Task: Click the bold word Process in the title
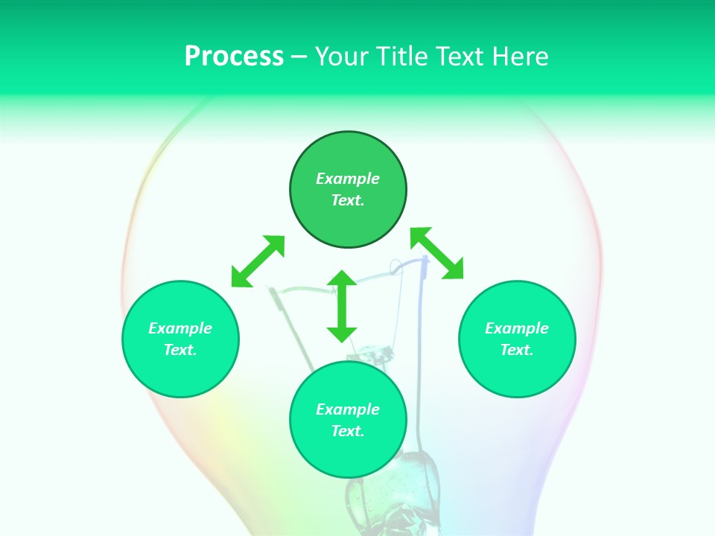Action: coord(234,57)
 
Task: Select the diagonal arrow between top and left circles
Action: coord(258,261)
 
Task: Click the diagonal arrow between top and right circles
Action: coord(437,254)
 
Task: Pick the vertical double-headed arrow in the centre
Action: coord(342,307)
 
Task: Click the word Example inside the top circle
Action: coord(348,179)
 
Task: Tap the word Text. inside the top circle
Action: coord(348,200)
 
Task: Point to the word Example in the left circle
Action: coord(180,328)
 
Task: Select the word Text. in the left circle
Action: coord(180,350)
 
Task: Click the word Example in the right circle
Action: coord(517,328)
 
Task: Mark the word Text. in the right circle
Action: coord(517,350)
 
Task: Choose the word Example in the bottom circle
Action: coord(348,409)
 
